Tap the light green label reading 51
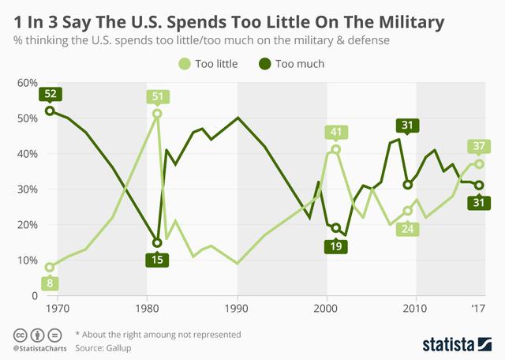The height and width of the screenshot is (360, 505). click(x=157, y=97)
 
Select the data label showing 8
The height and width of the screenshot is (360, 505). click(x=50, y=283)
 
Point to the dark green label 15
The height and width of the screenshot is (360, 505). click(x=158, y=259)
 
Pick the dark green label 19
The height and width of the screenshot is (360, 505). click(x=336, y=245)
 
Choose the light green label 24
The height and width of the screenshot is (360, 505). click(x=408, y=229)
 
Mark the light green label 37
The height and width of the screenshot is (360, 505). click(x=478, y=146)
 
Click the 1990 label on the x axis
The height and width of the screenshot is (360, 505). click(x=237, y=307)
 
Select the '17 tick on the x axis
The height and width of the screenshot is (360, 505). click(x=478, y=307)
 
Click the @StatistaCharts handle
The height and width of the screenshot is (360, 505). click(x=37, y=347)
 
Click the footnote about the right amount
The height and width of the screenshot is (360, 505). click(x=158, y=334)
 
